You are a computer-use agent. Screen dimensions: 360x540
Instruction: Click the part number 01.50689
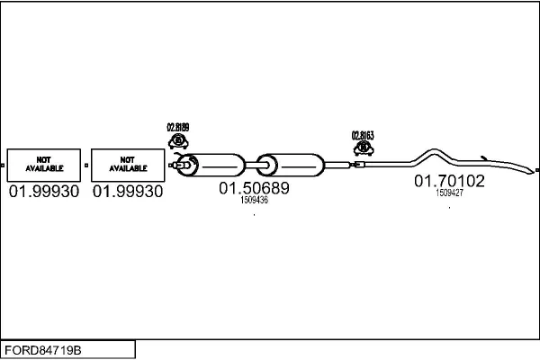(x=254, y=189)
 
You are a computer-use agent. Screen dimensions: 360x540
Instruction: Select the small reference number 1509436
(x=254, y=201)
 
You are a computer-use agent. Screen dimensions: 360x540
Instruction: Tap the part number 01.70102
(x=449, y=181)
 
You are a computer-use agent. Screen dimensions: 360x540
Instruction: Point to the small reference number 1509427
(x=449, y=193)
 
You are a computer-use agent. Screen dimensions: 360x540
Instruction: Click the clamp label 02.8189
(x=178, y=127)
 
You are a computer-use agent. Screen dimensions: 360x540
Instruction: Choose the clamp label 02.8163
(x=363, y=135)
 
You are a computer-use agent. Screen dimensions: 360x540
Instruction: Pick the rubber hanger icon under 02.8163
(x=363, y=148)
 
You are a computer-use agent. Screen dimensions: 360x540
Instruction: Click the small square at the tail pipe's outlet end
(x=536, y=169)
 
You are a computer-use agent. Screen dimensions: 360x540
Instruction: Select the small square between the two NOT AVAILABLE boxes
(x=85, y=165)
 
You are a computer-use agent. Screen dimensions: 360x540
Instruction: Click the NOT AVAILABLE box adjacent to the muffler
(x=128, y=165)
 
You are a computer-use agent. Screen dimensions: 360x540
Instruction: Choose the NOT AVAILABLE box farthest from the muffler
(x=43, y=165)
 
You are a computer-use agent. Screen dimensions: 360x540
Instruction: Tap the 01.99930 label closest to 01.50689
(x=128, y=192)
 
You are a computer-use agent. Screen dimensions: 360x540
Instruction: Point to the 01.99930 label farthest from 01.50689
(x=43, y=192)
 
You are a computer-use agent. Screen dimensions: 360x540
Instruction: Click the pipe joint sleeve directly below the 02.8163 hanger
(x=359, y=165)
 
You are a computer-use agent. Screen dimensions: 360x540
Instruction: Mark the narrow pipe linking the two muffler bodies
(x=251, y=165)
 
